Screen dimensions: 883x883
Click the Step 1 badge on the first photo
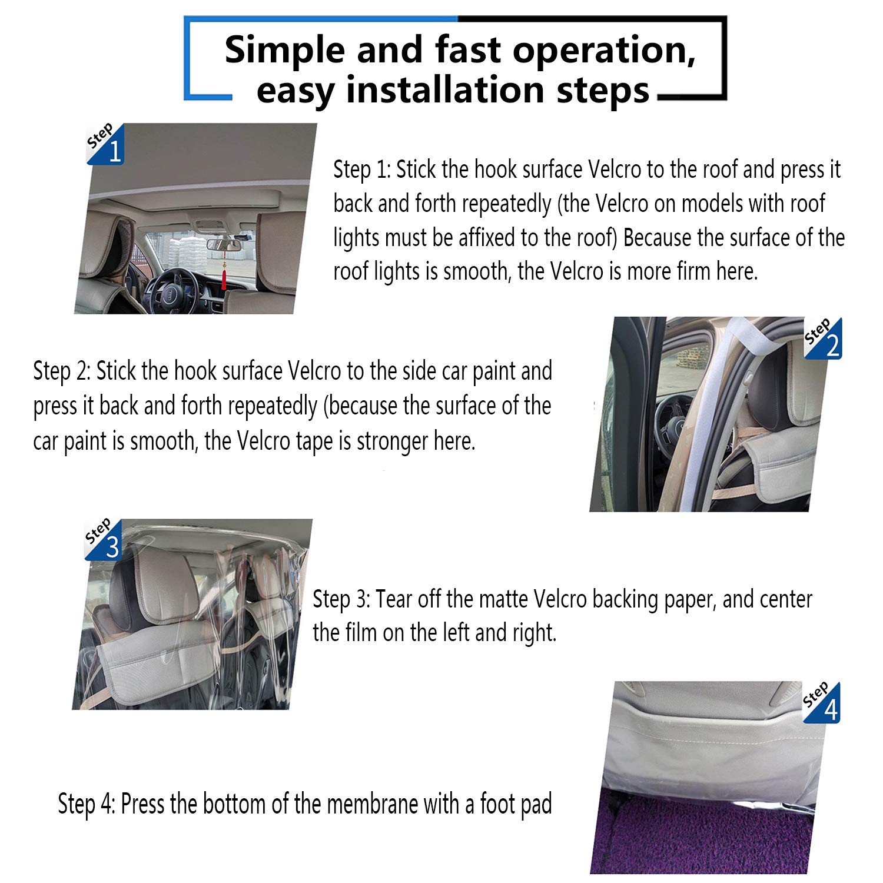coord(105,144)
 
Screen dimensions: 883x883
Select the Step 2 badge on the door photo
coord(824,338)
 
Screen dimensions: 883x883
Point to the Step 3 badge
coord(104,540)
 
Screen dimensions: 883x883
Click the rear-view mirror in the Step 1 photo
coord(218,244)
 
